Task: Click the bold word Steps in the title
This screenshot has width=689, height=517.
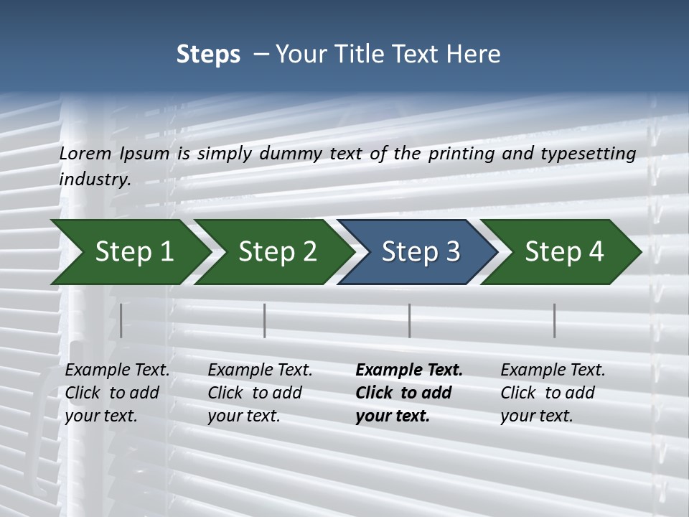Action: coord(208,55)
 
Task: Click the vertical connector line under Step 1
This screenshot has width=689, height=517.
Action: coord(121,320)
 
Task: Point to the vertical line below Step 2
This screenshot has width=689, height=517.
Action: coord(265,320)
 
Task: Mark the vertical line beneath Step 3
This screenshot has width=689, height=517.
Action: coord(410,320)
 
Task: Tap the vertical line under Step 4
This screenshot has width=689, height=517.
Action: coord(555,320)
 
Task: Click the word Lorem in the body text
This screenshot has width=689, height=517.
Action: coord(85,153)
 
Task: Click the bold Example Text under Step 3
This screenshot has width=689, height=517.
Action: coord(409,370)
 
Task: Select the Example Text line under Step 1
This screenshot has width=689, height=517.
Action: coord(117,370)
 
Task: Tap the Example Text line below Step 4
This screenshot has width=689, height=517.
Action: coord(553,370)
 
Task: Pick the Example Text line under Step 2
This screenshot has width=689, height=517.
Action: coord(260,370)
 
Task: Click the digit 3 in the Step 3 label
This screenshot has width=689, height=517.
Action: coord(451,252)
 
